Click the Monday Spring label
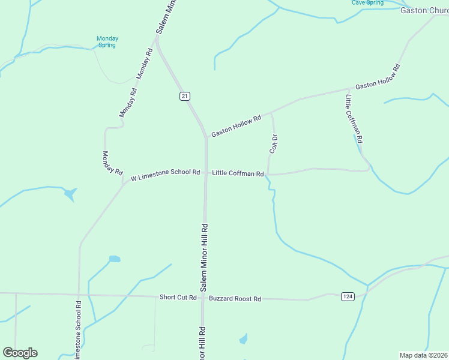point(107,42)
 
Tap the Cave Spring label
point(367,3)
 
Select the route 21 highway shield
point(184,97)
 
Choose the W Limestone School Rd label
point(165,173)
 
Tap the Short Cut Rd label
point(178,298)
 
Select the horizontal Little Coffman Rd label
point(238,174)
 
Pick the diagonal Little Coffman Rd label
point(354,118)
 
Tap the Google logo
point(20,353)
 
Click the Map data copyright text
point(424,355)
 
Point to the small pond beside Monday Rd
point(71,194)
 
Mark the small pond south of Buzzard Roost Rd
point(243,340)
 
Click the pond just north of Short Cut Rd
point(114,260)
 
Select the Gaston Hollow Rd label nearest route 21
point(236,127)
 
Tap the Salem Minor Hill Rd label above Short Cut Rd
point(204,258)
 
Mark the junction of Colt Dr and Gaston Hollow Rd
point(271,112)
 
